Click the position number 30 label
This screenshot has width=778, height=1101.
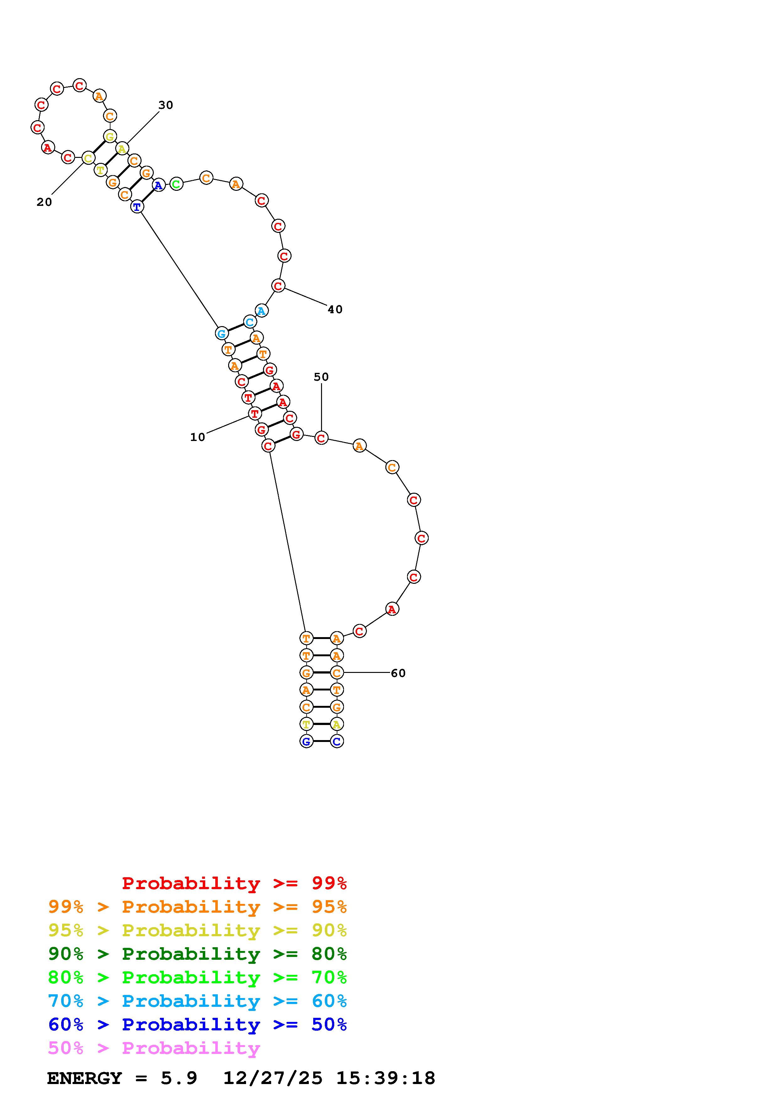click(x=166, y=105)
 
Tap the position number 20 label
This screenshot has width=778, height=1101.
click(x=44, y=202)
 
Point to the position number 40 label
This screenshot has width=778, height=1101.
click(x=335, y=310)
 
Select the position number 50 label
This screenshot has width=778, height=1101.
click(x=321, y=377)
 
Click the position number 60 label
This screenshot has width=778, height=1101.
click(x=398, y=673)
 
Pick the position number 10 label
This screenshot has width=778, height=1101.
click(x=197, y=437)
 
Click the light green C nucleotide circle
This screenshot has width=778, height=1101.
click(x=176, y=184)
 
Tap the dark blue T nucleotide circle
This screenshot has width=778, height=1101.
click(x=137, y=207)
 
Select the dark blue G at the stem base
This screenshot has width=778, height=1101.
click(x=306, y=741)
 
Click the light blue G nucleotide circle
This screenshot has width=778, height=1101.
click(x=222, y=333)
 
